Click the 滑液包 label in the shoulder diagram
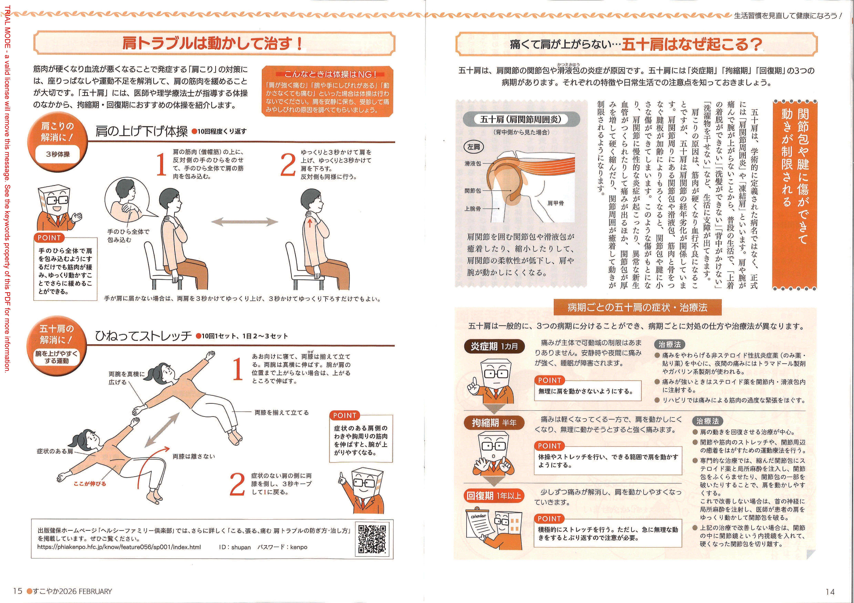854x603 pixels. click(473, 163)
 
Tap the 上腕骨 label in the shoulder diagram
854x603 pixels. click(473, 209)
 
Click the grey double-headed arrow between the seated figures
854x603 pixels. click(244, 222)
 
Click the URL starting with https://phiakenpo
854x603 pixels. click(119, 547)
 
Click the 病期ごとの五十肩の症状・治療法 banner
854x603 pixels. click(638, 307)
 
